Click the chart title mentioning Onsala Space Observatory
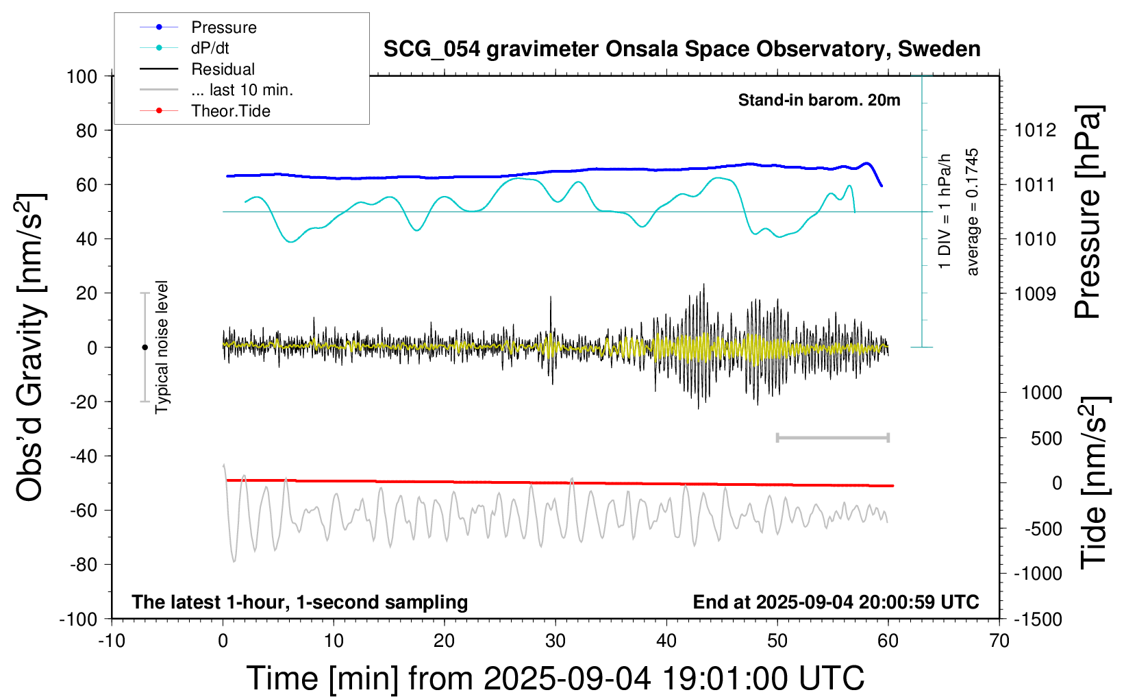coord(682,49)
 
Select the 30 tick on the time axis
coord(555,641)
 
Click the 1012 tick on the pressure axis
coord(1035,130)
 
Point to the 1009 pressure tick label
coord(1035,294)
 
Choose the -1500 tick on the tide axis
coord(1038,620)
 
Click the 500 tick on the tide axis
coord(1046,439)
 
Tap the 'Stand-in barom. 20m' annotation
coord(819,100)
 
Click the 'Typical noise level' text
coord(162,347)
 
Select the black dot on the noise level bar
coord(145,347)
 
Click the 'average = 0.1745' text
coord(973,212)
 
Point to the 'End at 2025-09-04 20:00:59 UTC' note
coord(836,602)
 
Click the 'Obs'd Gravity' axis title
coord(30,347)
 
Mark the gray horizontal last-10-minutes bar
coord(832,437)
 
